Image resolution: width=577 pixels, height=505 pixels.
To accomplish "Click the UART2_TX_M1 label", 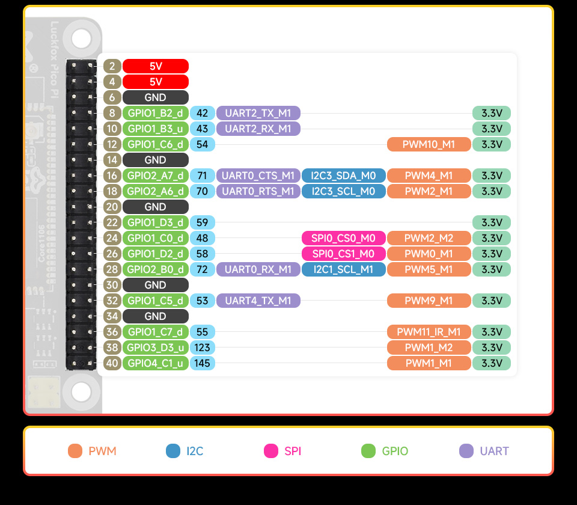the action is coord(258,113).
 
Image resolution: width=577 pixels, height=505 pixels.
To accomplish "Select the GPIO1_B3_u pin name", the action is coord(155,129).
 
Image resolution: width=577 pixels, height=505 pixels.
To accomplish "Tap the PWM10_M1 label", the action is coord(429,144).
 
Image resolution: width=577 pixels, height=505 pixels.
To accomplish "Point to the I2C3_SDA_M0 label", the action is coord(344,176).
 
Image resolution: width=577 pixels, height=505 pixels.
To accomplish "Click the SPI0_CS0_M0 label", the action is coord(344,238).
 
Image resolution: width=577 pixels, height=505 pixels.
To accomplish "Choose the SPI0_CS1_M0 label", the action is coord(344,254).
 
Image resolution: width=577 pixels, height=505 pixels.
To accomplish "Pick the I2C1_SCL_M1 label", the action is coord(344,269).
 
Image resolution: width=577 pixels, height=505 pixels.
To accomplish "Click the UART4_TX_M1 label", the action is coord(258,301).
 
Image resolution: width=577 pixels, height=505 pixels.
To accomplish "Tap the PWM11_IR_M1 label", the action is coord(429,332).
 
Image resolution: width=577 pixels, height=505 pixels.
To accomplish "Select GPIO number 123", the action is coord(203,347).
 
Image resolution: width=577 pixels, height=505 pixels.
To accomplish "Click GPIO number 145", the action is coord(203,363).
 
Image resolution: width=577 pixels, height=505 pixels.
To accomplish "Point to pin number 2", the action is coord(112,66).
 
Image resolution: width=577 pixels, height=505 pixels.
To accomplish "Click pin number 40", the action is coord(112,363).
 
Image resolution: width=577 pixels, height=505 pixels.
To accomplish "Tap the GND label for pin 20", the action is coord(155,207).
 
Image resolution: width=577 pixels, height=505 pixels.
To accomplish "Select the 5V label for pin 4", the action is coord(155,82).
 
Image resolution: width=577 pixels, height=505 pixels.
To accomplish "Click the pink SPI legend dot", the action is coord(271,451).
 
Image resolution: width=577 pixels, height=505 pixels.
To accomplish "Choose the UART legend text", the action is coord(494,451).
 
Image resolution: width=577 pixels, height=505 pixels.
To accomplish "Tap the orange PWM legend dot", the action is coord(75,451).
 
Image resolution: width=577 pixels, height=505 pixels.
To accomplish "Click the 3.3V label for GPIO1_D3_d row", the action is coord(492,222).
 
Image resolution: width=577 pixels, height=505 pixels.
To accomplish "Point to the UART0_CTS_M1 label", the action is coord(258,176).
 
